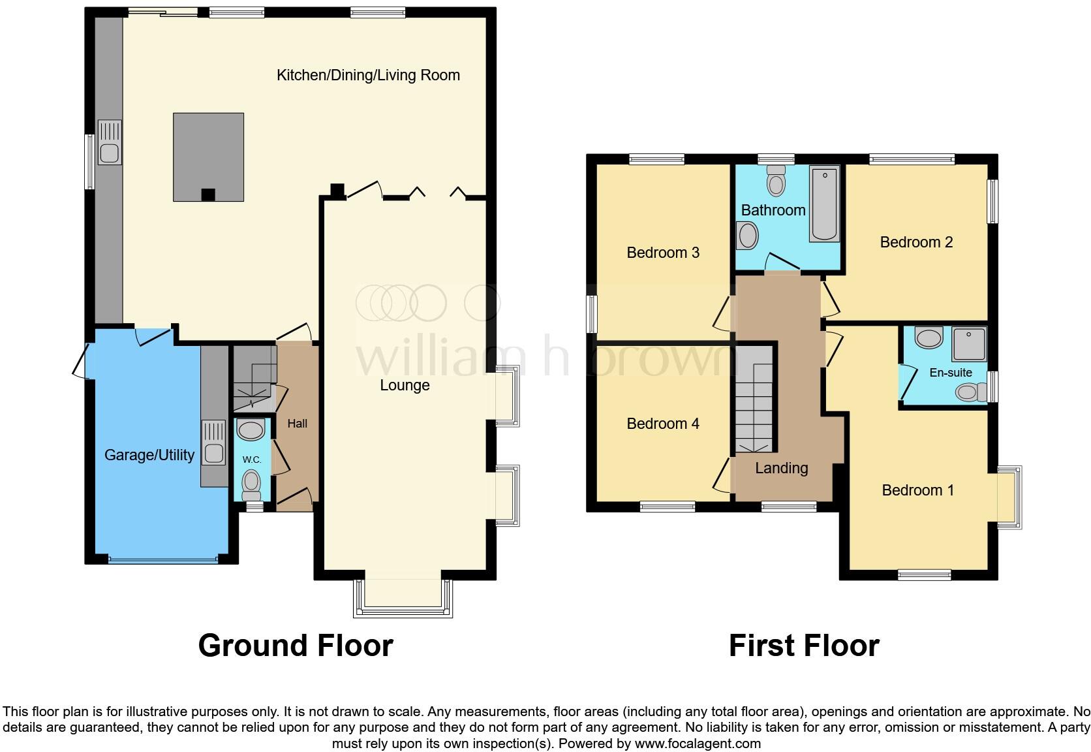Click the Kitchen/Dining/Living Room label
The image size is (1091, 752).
coord(368,75)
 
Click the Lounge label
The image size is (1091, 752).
coord(405,385)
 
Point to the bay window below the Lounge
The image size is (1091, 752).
coord(403,598)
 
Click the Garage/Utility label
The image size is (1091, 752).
coord(149,455)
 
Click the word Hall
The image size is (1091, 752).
coord(297,424)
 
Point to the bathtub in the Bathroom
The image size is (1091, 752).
coord(824,204)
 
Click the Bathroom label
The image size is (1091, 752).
coord(773,210)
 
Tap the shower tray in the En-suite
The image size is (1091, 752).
coord(969,344)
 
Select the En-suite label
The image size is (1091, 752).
coord(951,373)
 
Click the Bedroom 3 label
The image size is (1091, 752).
coord(663,253)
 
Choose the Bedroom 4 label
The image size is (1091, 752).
coord(663,424)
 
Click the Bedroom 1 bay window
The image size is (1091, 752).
coord(1008,497)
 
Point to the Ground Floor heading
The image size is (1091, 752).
coord(296,645)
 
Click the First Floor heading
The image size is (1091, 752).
coord(804,645)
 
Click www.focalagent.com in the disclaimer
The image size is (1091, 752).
coord(698,744)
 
